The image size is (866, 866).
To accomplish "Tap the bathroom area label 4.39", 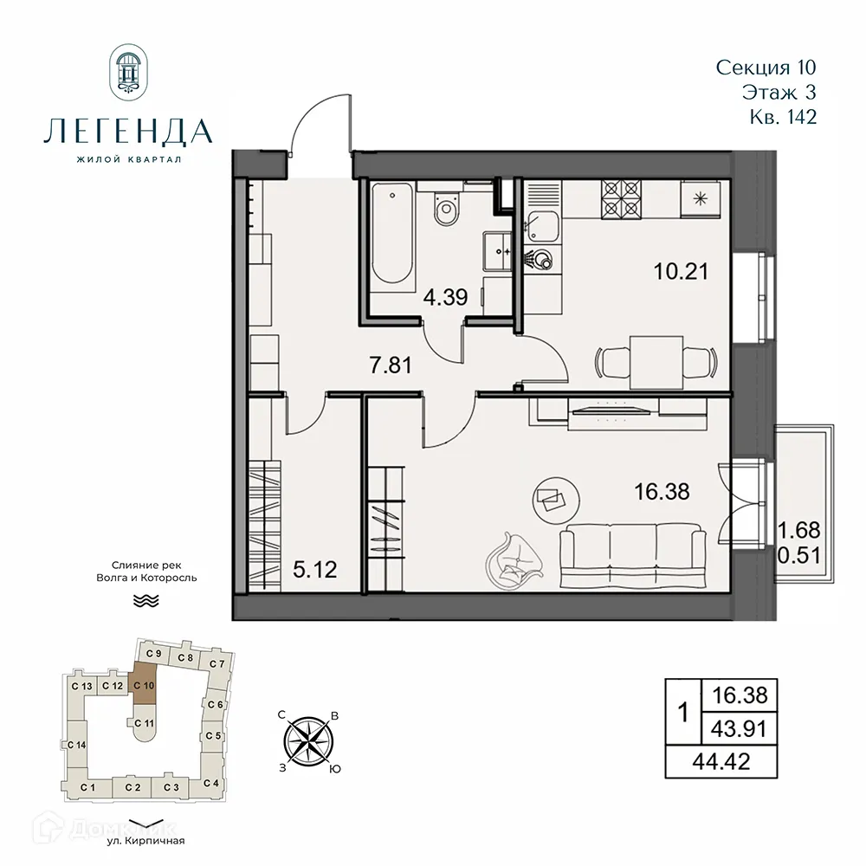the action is [445, 298].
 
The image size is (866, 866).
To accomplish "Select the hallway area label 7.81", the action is [386, 365].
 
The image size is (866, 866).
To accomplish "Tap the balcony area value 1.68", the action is [798, 529].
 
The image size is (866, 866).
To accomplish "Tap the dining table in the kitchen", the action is [656, 360].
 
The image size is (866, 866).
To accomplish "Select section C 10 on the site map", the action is [145, 684].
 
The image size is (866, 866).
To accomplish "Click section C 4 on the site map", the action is [210, 783].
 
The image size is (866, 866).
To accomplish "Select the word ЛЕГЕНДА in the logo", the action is [127, 131].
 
